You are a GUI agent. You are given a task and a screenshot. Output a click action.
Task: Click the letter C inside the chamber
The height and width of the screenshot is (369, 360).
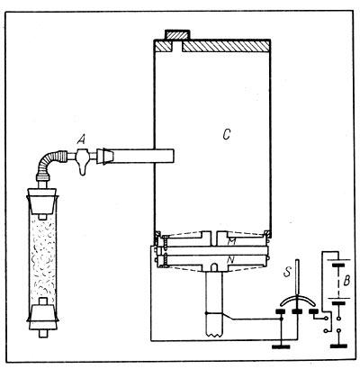point(227,135)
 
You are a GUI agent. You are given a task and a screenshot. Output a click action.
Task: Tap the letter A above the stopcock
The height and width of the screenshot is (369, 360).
point(81,139)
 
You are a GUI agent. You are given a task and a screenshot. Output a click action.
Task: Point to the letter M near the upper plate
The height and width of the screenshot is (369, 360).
point(230,241)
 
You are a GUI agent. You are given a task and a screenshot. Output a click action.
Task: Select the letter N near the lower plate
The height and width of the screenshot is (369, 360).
point(230,260)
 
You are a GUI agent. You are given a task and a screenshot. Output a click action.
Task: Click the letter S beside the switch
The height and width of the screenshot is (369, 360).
point(287,273)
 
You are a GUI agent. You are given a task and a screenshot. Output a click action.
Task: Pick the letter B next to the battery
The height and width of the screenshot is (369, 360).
point(346,281)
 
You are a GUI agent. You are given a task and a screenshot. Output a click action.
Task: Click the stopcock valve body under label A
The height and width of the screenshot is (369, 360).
point(83,160)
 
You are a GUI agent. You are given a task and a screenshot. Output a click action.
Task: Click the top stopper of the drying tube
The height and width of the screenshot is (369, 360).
point(42,201)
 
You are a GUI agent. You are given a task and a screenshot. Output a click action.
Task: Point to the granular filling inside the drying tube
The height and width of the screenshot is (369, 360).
point(43,258)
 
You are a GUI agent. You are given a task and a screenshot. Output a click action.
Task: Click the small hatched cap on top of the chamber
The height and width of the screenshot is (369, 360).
point(178,35)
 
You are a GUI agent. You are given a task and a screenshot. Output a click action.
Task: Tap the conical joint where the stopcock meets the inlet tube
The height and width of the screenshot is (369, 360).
point(105,157)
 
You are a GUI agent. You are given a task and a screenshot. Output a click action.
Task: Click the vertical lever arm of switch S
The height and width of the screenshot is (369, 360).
point(297,277)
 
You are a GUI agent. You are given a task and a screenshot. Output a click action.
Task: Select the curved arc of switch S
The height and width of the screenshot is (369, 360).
point(296,301)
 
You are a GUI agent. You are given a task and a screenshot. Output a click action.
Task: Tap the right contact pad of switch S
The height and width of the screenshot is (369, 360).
point(313,311)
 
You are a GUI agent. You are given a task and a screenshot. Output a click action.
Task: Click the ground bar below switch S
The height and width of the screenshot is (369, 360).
point(281,346)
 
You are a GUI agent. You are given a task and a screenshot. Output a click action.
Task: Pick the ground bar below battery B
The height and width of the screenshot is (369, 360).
point(338,346)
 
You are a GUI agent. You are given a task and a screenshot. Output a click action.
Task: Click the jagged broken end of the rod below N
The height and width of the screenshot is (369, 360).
point(214,334)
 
